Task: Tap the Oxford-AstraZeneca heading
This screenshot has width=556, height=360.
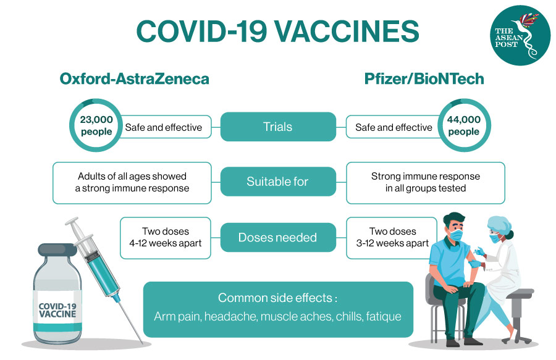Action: coord(134,79)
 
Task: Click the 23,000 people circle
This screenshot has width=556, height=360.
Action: coord(96,127)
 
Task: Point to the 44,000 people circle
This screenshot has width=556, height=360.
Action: coord(463,127)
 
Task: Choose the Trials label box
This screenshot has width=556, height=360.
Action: coord(278,127)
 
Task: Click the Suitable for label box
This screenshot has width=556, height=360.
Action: coord(278,182)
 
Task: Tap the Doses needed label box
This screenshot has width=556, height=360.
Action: coord(278,237)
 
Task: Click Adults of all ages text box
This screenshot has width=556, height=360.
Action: coord(132,182)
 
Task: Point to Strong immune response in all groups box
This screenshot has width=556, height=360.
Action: coord(425,182)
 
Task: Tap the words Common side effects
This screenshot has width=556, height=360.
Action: coord(277,298)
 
